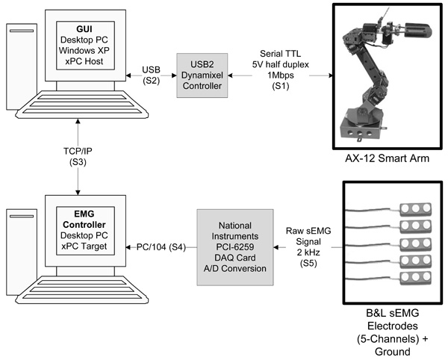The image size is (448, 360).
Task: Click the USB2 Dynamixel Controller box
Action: (x=207, y=72)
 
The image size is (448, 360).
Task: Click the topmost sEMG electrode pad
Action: (x=413, y=208)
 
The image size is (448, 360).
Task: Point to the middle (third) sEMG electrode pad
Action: (x=413, y=243)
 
